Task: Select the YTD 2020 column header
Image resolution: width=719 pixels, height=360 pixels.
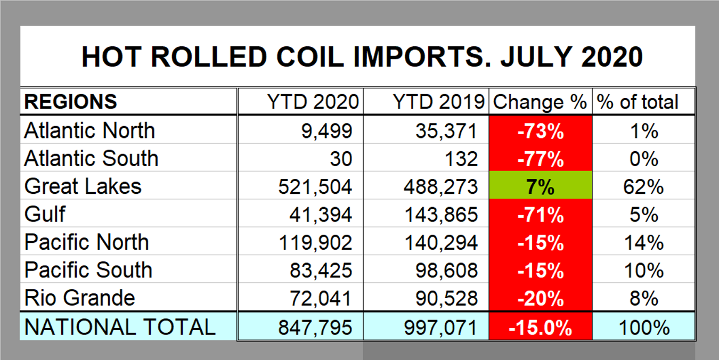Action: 312,102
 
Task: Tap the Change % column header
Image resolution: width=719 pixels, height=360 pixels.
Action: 540,102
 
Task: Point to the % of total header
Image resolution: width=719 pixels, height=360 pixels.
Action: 638,102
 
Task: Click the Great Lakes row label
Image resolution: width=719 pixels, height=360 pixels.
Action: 83,186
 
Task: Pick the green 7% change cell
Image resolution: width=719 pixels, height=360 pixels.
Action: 540,187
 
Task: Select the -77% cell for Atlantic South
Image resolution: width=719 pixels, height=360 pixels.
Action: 540,159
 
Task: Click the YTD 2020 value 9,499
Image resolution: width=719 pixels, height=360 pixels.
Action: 324,131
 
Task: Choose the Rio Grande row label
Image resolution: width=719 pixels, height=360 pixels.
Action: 80,297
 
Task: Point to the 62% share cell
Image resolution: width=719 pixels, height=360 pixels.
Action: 643,187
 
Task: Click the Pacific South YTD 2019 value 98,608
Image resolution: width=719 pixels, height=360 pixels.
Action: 446,271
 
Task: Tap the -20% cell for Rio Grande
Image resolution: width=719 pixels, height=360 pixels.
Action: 540,298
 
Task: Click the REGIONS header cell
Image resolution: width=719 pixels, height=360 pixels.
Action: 71,102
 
